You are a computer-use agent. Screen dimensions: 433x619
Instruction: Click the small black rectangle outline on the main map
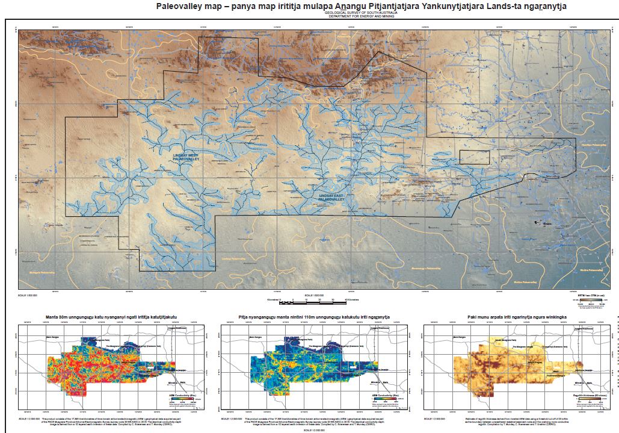pyautogui.click(x=474, y=157)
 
